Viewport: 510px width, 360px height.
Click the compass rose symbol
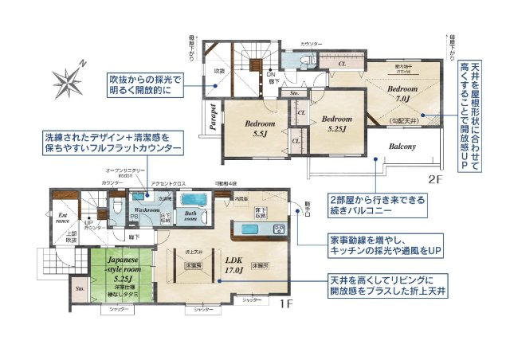pos(65,80)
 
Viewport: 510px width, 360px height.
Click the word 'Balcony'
pos(403,147)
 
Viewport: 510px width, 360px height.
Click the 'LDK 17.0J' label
pos(233,264)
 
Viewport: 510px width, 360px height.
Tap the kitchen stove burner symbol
pos(280,229)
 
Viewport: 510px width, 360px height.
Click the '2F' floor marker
pos(435,179)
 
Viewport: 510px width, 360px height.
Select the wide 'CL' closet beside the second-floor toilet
pos(342,63)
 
